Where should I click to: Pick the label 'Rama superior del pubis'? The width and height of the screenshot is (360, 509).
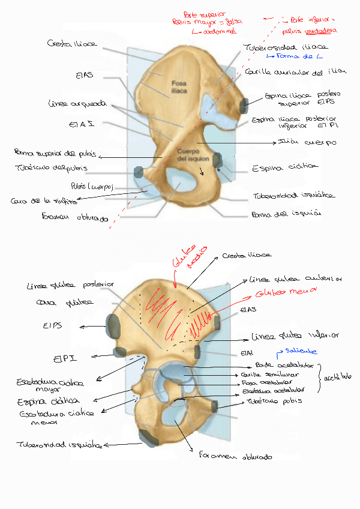(56, 154)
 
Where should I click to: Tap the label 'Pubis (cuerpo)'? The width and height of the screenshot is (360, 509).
(92, 185)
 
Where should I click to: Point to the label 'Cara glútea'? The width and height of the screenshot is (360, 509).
(56, 303)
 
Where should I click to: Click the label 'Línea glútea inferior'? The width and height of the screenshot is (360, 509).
(295, 336)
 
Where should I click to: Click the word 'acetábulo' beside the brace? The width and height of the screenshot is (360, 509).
(338, 378)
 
